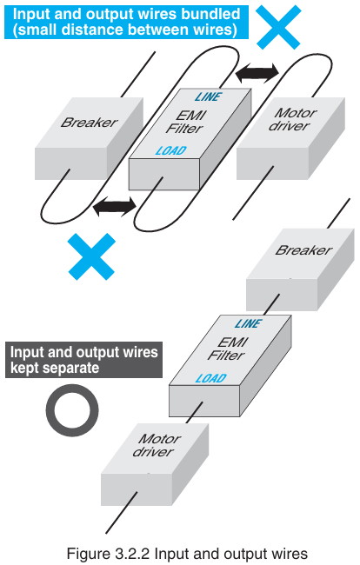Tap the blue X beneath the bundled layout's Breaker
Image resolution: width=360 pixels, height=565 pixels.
point(91,256)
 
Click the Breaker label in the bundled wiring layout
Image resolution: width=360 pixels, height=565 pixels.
point(89,123)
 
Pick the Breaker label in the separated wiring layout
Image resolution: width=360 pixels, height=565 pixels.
point(303,251)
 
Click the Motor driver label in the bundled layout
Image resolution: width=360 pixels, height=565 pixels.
point(294,119)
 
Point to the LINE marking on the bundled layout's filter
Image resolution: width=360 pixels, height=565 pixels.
point(210,96)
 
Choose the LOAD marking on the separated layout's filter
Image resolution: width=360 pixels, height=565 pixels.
point(210,377)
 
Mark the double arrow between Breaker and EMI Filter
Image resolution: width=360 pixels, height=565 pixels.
point(115,206)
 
